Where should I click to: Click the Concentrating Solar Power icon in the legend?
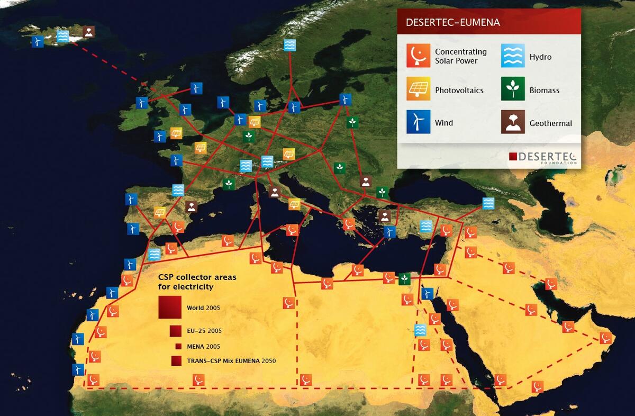(418, 56)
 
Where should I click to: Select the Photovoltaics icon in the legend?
(418, 89)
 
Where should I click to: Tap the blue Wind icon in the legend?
(418, 122)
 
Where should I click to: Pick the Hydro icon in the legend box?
(513, 56)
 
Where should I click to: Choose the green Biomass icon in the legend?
(513, 89)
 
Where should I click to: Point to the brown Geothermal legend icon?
(513, 122)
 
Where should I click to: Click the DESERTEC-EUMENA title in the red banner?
(452, 23)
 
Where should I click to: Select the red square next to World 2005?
(169, 307)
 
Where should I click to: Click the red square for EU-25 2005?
(176, 331)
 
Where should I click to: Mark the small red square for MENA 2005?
(178, 346)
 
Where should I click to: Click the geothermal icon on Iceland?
(89, 31)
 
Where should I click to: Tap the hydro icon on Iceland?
(63, 36)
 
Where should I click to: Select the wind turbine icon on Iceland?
(38, 41)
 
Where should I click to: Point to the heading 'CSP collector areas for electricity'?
(197, 282)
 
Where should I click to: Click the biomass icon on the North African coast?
(404, 278)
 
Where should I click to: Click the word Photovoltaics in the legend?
(459, 91)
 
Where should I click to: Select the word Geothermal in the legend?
(550, 123)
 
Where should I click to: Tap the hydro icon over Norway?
(289, 45)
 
